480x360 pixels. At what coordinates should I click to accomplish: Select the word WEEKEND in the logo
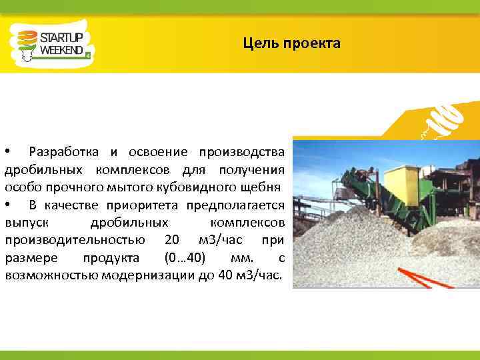[x=61, y=50]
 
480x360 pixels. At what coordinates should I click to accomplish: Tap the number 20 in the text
[x=171, y=240]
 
